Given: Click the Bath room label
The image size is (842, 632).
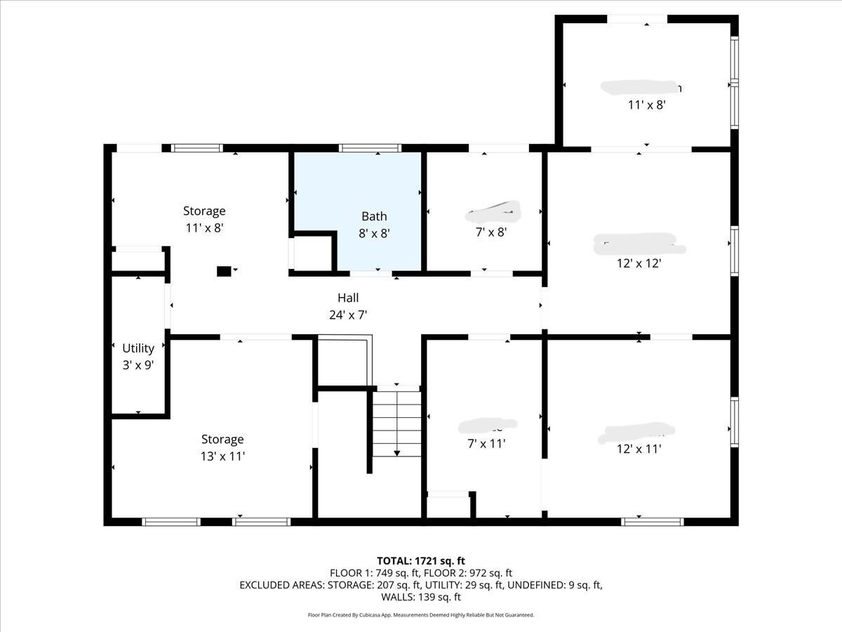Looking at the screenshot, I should [x=374, y=216].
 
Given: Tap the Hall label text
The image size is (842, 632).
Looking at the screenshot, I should [x=347, y=298].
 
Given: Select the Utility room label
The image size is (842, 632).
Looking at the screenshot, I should [x=138, y=348].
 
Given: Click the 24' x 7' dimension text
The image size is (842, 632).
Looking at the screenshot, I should [x=348, y=315].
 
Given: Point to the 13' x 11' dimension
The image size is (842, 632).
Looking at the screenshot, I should [x=222, y=456].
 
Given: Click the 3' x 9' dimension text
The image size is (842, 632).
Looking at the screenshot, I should [x=138, y=364].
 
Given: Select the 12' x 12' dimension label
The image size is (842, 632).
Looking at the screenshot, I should [x=639, y=263].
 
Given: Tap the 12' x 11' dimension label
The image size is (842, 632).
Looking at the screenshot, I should [x=639, y=449].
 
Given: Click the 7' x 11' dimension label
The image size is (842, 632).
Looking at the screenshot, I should [x=487, y=443].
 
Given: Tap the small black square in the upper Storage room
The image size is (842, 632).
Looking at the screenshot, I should [x=224, y=271].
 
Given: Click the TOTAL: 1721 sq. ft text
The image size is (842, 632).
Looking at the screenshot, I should [x=421, y=560].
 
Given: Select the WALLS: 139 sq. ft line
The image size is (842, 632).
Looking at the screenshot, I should [x=421, y=597].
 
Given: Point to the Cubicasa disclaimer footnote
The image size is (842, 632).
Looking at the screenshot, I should [x=421, y=615].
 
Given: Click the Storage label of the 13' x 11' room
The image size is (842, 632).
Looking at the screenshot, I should [x=222, y=439].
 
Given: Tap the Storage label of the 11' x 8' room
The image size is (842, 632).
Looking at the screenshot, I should [x=204, y=211].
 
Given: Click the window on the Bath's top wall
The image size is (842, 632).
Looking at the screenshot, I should [x=370, y=148].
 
